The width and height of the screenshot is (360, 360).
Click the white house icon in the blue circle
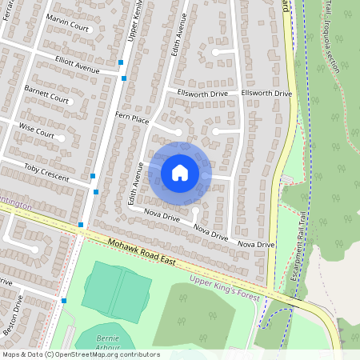point(180,172)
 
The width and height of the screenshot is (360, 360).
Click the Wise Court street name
point(37,131)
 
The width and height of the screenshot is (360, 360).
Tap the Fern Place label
point(133,118)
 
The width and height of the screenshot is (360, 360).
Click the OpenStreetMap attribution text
point(80,354)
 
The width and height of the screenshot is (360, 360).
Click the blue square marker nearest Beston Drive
point(64,301)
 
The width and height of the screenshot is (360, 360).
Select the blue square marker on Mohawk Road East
point(81,225)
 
